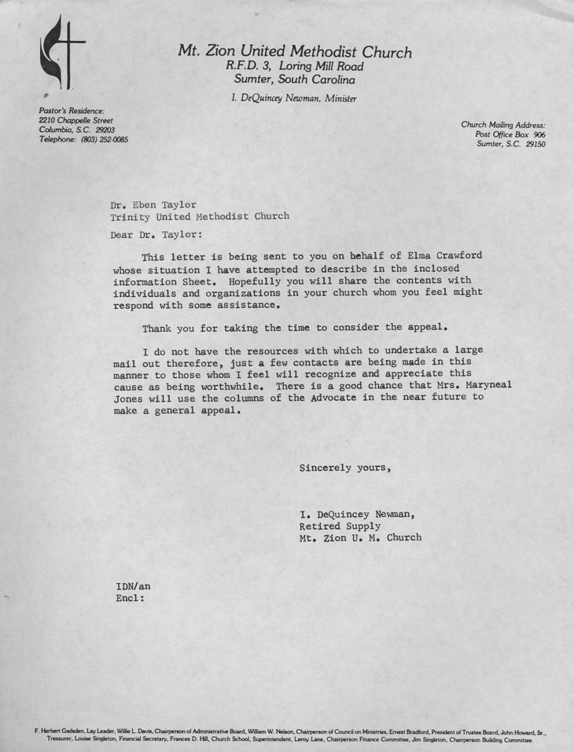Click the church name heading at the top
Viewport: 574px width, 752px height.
click(x=294, y=52)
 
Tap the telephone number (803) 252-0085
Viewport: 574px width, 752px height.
click(x=104, y=139)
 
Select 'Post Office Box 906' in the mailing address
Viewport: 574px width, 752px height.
click(x=510, y=135)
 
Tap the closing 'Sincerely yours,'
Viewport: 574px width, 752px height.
click(x=344, y=468)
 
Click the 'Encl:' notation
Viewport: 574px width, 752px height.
click(x=131, y=597)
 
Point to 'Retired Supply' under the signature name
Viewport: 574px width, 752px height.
click(x=340, y=526)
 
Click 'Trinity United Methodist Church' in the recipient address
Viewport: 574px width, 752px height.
click(x=200, y=216)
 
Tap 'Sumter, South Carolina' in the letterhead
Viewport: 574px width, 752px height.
click(x=294, y=80)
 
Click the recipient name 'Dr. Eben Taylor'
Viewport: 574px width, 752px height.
click(x=153, y=204)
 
